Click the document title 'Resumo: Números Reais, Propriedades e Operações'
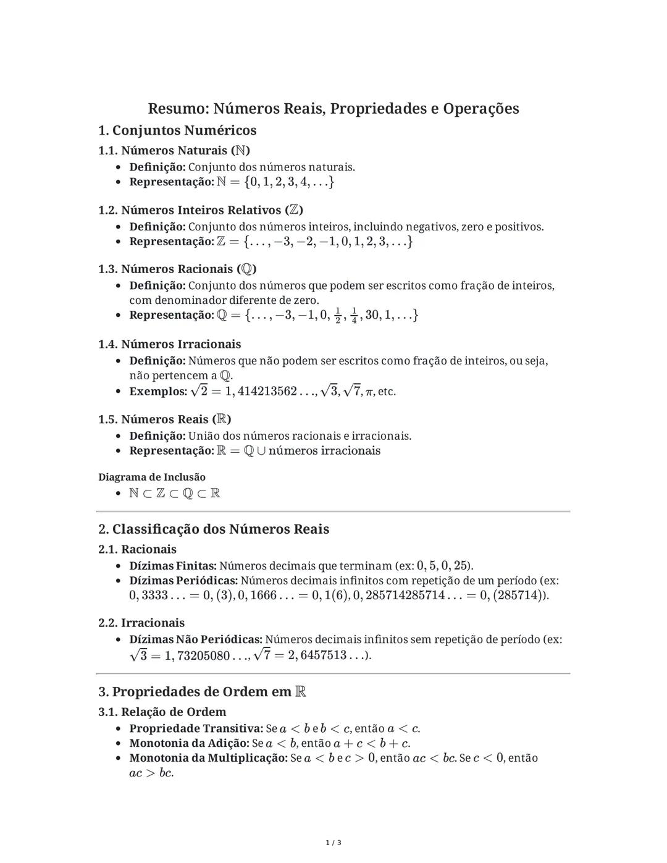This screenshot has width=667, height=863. pos(333,109)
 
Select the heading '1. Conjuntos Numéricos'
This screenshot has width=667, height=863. pos(177,130)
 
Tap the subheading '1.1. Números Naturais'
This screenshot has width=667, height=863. pos(174,150)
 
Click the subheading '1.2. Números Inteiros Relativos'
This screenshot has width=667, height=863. pos(201,210)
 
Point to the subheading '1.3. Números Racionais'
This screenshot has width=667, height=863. pos(177,269)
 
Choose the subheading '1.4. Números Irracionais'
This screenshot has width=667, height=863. pos(170,344)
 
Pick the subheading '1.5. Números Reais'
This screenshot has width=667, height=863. pos(165,419)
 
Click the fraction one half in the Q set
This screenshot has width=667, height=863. pos(337,315)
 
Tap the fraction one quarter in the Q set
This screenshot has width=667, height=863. pos(354,315)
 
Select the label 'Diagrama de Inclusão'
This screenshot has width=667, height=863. pos(152,477)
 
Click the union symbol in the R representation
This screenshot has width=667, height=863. pos(261,451)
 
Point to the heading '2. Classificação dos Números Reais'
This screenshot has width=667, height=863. pos(214,529)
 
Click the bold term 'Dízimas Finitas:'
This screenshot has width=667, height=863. pos(173,566)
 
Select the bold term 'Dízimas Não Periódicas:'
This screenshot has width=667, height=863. pos(196,639)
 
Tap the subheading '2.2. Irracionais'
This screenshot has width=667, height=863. pos(141,623)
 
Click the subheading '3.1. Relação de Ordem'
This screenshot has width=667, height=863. pos(162,712)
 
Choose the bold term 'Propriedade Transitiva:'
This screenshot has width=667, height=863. pos(196,728)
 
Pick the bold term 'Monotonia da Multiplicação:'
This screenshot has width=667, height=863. pos(208,758)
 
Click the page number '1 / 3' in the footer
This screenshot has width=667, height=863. pos(333,843)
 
